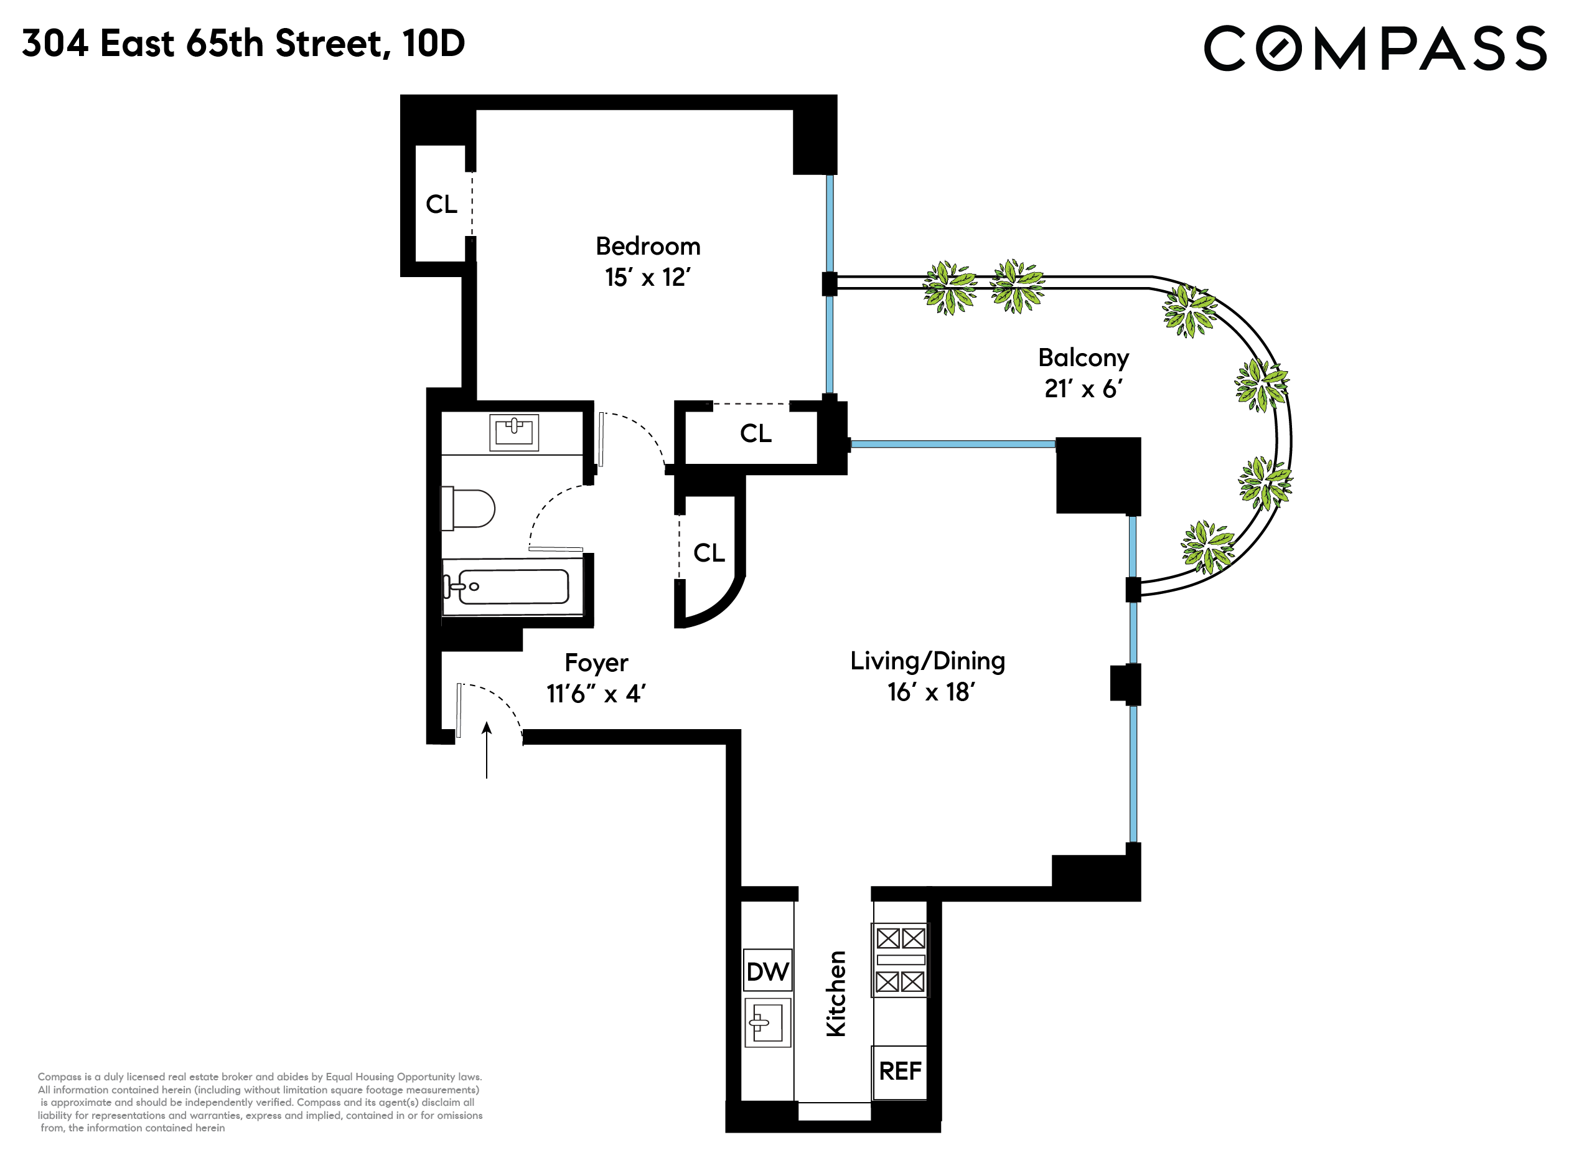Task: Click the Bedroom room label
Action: [648, 247]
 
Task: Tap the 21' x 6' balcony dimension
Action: [1083, 389]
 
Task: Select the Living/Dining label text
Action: [927, 661]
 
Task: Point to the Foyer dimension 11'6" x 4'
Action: [596, 694]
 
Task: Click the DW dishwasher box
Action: [768, 973]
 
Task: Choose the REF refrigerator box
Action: [900, 1072]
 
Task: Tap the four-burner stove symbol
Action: [900, 961]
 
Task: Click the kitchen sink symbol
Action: [768, 1023]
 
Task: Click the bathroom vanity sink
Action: [514, 432]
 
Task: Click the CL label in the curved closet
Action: [709, 554]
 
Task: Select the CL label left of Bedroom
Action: [441, 204]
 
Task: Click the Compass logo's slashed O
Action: [1278, 49]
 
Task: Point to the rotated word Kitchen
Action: [835, 994]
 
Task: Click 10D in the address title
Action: [434, 44]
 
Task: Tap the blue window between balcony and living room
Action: [952, 444]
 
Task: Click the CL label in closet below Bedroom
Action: [756, 434]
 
